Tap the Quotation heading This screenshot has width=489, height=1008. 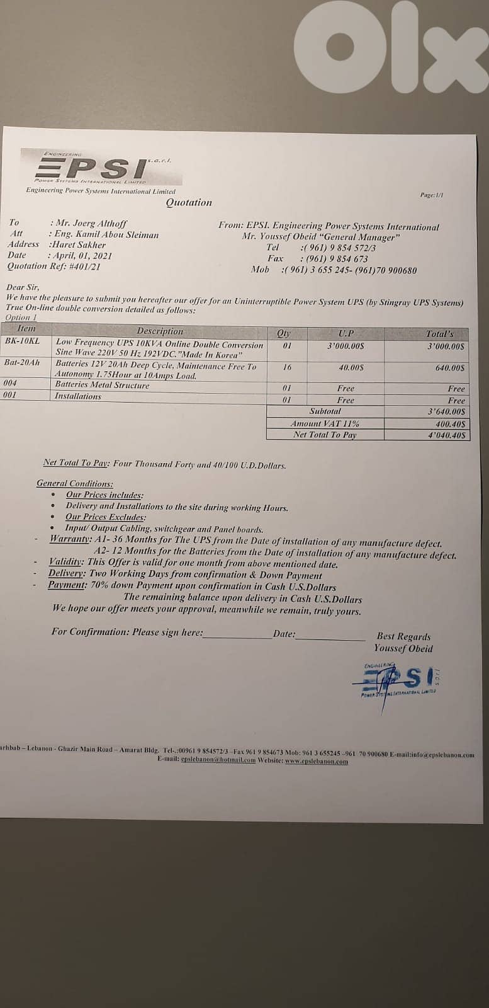pos(189,202)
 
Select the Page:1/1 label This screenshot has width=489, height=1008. pos(432,195)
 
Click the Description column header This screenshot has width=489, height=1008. pos(160,331)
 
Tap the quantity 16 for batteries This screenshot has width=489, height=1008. pos(286,367)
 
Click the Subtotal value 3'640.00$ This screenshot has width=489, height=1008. pos(445,411)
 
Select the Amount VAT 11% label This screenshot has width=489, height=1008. pos(325,423)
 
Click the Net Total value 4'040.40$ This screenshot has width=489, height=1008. pos(445,435)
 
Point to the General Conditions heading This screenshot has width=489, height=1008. pos(75,483)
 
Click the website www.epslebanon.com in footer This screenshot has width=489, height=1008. pos(316,761)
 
